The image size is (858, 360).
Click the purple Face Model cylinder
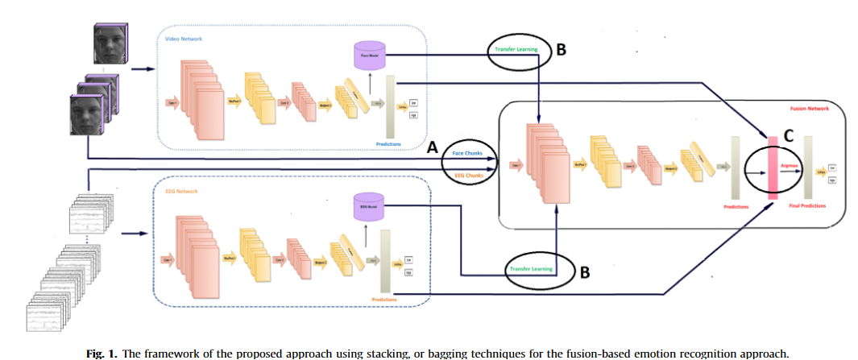[368, 55]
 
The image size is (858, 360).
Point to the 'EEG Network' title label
[179, 191]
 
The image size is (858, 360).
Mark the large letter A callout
[432, 147]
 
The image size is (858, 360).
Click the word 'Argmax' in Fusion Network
[790, 163]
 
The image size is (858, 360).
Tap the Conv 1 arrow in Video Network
[172, 103]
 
